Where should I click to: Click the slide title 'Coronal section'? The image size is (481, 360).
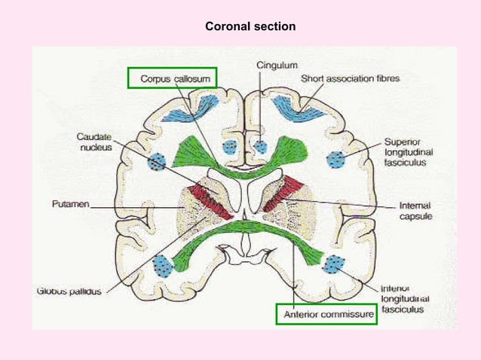(250, 27)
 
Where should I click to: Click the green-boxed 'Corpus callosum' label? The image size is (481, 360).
(173, 78)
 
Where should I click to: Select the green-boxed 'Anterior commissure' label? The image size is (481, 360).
(326, 315)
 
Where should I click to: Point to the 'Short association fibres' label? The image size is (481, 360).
(351, 78)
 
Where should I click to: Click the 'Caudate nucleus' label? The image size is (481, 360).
(94, 142)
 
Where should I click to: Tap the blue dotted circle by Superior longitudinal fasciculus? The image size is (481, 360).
(336, 158)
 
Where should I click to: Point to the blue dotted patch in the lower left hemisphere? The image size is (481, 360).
(162, 264)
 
